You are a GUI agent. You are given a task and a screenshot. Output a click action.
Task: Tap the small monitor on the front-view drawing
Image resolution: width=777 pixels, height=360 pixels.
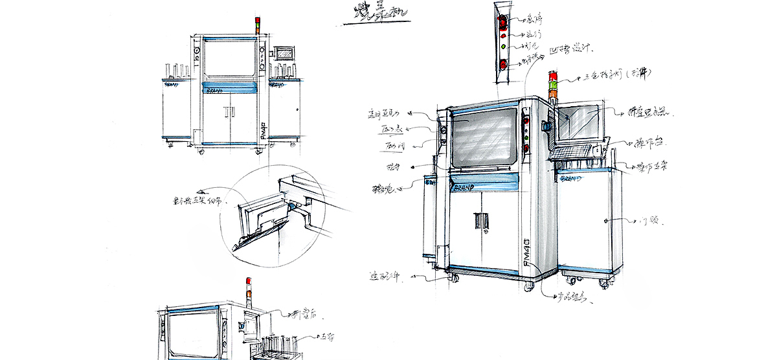pyautogui.click(x=285, y=54)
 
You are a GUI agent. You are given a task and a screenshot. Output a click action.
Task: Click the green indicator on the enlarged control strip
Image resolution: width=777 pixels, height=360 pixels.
pyautogui.click(x=502, y=46)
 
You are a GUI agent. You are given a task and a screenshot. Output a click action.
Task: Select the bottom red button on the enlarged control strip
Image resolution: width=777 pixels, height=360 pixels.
pyautogui.click(x=502, y=63)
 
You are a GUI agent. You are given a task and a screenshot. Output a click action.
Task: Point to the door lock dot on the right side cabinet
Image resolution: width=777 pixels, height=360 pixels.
pyautogui.click(x=605, y=221)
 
